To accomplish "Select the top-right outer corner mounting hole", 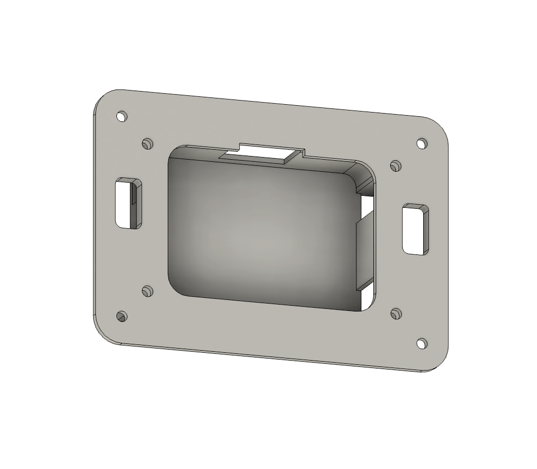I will [422, 143].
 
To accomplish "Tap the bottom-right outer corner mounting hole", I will [422, 343].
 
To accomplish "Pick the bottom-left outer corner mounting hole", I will [122, 316].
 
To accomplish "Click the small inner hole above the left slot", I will [147, 143].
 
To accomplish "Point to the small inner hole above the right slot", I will [396, 166].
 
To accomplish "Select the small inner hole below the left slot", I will [147, 291].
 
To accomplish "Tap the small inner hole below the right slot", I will [396, 314].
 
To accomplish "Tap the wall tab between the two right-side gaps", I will [366, 251].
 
